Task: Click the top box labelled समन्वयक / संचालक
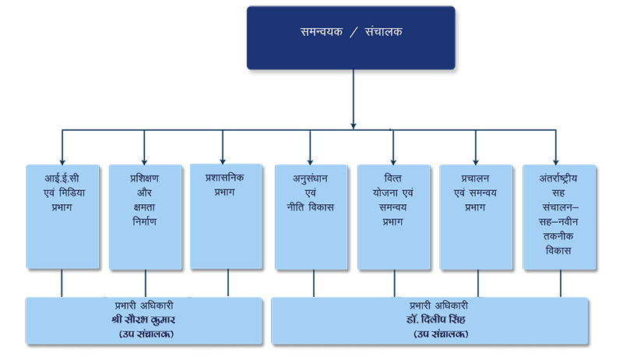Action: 350,37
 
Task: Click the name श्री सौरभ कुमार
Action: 142,320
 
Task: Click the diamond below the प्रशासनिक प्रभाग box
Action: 227,284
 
